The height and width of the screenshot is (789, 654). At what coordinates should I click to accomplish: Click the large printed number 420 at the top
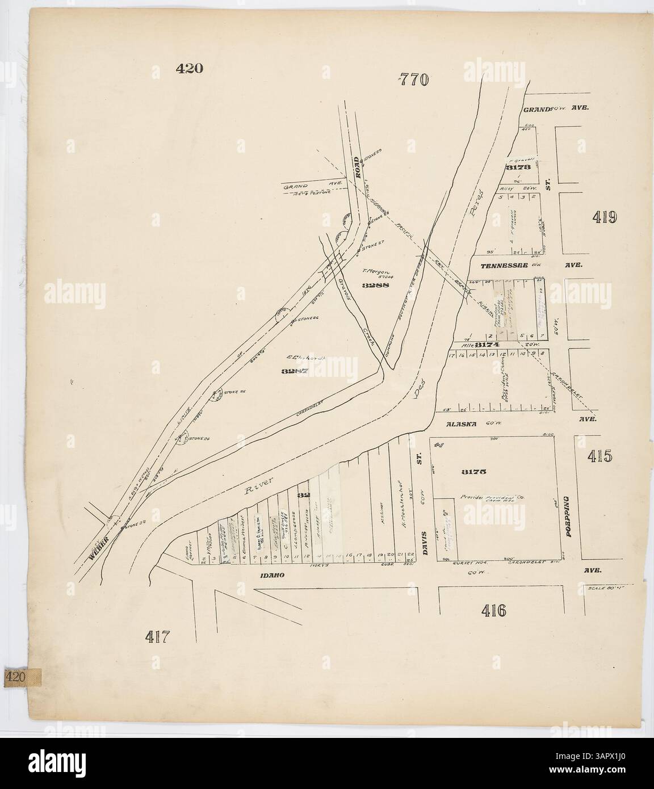(x=189, y=69)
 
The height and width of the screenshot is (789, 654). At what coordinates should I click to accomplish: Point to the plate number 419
(x=604, y=217)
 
